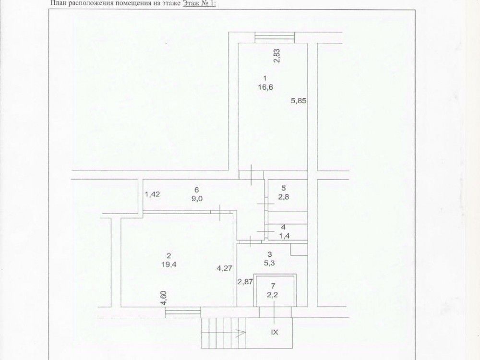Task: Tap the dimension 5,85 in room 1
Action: point(299,101)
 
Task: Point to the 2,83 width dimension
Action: point(277,56)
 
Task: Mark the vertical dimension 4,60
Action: point(164,298)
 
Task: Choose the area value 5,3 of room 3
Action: point(270,263)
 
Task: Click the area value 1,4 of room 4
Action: point(283,236)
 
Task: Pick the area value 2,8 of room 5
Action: point(284,197)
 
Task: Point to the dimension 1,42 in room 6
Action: point(152,194)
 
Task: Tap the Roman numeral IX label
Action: point(275,331)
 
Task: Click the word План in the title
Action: point(57,3)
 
